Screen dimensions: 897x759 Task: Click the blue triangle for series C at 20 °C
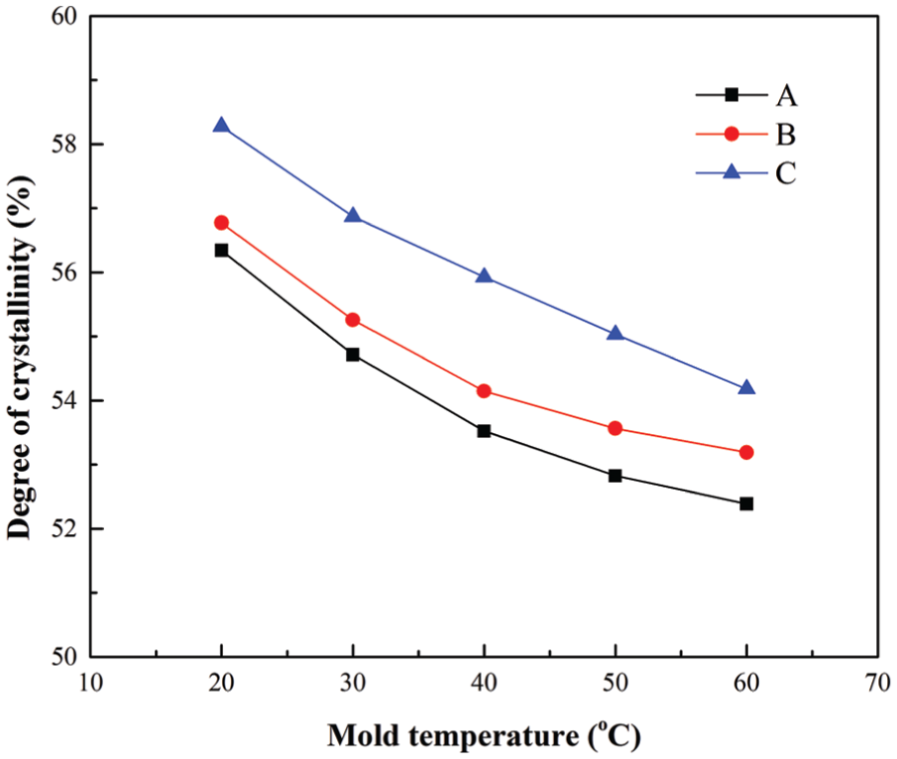click(221, 125)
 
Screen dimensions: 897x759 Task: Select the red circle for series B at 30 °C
click(353, 320)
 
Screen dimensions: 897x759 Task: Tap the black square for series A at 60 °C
click(746, 504)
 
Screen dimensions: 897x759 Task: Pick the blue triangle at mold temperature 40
click(484, 276)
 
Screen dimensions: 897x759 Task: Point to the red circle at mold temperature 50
click(615, 428)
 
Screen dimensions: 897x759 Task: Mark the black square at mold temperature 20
click(221, 250)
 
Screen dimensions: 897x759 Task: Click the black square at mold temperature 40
click(484, 431)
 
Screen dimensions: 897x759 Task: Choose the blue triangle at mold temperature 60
click(746, 387)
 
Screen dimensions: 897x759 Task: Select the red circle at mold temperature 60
click(746, 453)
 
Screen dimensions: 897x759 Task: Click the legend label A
click(786, 95)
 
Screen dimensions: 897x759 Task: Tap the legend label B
click(785, 135)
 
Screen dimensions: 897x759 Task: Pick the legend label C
click(785, 172)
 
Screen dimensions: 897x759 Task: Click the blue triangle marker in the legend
click(731, 171)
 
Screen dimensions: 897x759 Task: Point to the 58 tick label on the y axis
click(64, 144)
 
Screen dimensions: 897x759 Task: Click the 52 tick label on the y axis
click(64, 529)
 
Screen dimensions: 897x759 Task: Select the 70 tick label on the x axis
click(877, 683)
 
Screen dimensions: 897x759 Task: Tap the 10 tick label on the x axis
click(90, 683)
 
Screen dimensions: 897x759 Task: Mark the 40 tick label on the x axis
click(484, 683)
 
